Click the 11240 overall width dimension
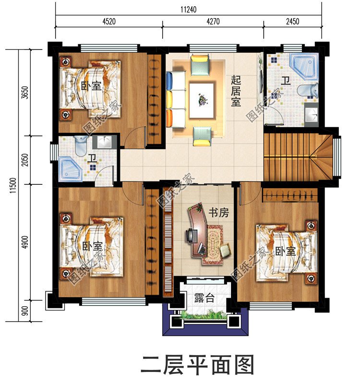[x=188, y=10]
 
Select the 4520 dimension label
[x=109, y=22]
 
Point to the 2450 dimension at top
[x=292, y=22]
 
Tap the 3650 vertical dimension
[x=25, y=93]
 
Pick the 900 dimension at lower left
[x=25, y=311]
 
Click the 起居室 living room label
[x=236, y=91]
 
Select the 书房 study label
[x=219, y=213]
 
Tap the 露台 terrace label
[x=204, y=298]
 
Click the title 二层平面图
[x=197, y=365]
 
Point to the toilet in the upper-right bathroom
[x=308, y=90]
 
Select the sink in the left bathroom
[x=104, y=142]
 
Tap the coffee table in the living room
[x=202, y=100]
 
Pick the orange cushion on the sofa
[x=169, y=118]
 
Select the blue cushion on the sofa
[x=169, y=80]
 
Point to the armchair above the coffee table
[x=200, y=65]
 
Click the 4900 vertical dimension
[x=25, y=242]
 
